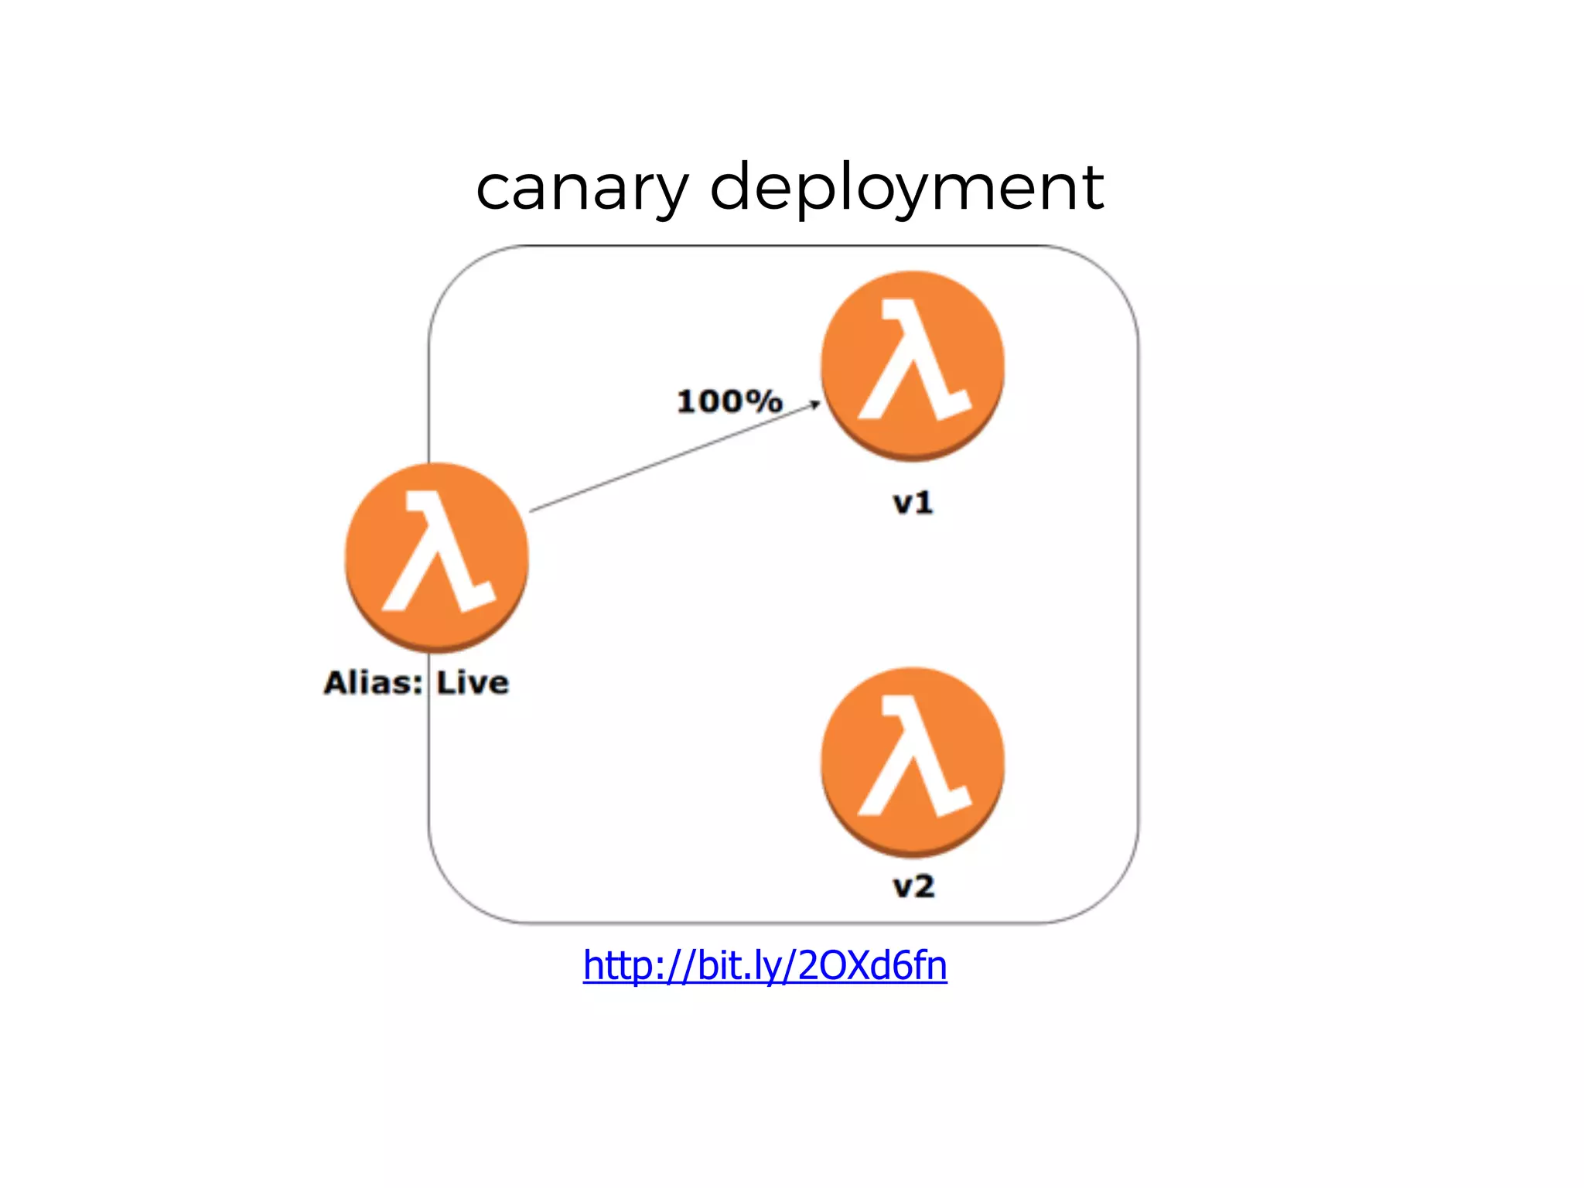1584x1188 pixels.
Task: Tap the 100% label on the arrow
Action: (x=729, y=401)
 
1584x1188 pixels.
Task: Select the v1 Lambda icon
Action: (x=913, y=365)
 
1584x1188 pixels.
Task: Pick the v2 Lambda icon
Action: (x=913, y=762)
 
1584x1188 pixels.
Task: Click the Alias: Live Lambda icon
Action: (x=437, y=557)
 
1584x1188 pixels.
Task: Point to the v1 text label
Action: (x=913, y=504)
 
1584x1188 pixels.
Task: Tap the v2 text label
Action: (x=913, y=886)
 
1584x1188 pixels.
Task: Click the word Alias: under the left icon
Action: (x=374, y=683)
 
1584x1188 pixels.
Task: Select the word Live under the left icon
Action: (x=473, y=683)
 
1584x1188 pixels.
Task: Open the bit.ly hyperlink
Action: (x=765, y=965)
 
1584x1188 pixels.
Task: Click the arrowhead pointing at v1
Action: (x=815, y=404)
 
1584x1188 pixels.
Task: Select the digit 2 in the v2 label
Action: (x=923, y=886)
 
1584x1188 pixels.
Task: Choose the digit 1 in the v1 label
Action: (x=923, y=504)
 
